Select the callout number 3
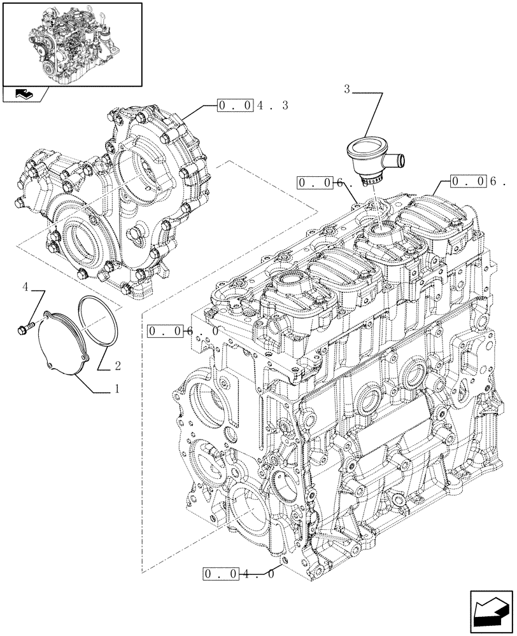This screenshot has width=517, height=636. coord(347,90)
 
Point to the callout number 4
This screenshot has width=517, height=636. coord(25,287)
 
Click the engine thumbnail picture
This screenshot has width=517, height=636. coord(71,43)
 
